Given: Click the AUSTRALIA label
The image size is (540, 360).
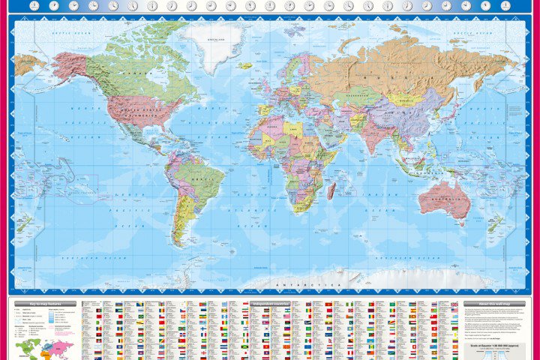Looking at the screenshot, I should tap(445, 197).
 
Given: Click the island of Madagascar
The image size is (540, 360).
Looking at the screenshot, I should tap(330, 191).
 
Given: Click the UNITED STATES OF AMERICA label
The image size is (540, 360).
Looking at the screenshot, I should tap(132, 112).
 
